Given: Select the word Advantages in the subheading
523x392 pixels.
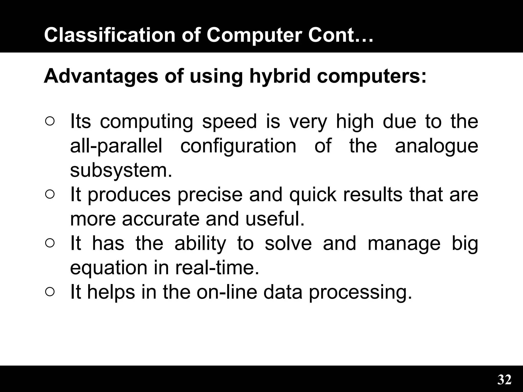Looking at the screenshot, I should pyautogui.click(x=101, y=76).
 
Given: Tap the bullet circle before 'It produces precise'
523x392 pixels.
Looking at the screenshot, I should pyautogui.click(x=50, y=194).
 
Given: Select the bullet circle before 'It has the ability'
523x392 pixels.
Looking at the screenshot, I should pyautogui.click(x=50, y=243).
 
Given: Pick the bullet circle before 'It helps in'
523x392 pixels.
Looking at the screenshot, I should pyautogui.click(x=50, y=292).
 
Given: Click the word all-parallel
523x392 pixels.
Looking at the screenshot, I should pyautogui.click(x=116, y=146).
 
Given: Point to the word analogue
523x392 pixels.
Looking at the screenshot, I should pyautogui.click(x=436, y=146).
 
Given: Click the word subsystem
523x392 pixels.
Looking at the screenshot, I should pyautogui.click(x=121, y=170).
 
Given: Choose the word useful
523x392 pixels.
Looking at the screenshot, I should pyautogui.click(x=275, y=219).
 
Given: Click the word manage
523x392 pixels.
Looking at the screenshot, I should pyautogui.click(x=404, y=243).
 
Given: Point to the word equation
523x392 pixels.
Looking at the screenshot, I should pyautogui.click(x=108, y=267).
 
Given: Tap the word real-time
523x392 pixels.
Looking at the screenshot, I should pyautogui.click(x=217, y=267).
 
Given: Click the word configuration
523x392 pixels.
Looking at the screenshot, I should pyautogui.click(x=238, y=146).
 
